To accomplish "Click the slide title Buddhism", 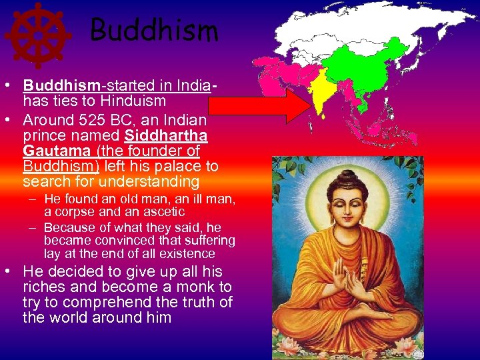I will coord(154,30).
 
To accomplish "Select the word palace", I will coord(179,166).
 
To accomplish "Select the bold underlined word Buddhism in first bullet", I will coord(60,87).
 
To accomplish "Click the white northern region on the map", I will coord(347,23).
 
